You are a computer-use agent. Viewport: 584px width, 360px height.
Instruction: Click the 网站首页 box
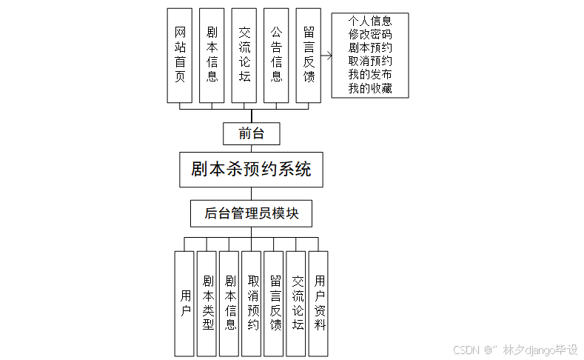click(x=180, y=56)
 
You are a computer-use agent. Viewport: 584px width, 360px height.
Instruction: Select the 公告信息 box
click(x=275, y=56)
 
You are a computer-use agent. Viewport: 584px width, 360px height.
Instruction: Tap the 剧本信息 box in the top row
click(x=212, y=56)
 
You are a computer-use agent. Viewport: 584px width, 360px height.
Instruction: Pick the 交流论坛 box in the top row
click(x=244, y=56)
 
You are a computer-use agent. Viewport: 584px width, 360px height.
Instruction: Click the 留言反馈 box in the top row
click(x=308, y=56)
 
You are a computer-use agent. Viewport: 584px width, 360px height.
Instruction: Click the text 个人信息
click(x=370, y=21)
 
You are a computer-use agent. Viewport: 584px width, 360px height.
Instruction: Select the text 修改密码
click(x=370, y=34)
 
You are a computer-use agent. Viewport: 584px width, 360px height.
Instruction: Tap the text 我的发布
click(x=370, y=75)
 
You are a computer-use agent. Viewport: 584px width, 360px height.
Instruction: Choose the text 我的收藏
click(x=370, y=89)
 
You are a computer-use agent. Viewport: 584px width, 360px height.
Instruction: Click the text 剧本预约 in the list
click(x=370, y=48)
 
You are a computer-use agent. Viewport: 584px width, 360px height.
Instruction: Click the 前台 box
click(x=252, y=133)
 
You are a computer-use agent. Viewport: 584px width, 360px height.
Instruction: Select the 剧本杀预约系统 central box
click(x=251, y=169)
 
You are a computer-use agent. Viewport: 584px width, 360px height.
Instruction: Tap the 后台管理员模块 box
click(x=251, y=213)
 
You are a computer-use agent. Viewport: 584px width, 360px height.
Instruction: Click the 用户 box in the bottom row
click(x=184, y=304)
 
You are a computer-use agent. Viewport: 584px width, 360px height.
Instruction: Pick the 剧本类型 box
click(x=207, y=304)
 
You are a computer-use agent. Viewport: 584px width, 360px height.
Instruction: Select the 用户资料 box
click(x=318, y=304)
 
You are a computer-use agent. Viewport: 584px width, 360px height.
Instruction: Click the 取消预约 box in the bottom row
click(x=252, y=304)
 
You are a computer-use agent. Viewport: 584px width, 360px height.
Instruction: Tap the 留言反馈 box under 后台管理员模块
click(x=274, y=304)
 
